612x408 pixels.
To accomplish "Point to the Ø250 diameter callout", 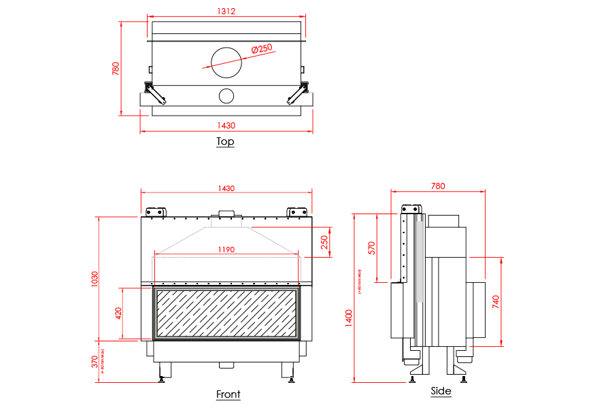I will [261, 48].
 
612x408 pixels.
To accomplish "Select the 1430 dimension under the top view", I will [226, 125].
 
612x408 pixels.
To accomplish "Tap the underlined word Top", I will [225, 141].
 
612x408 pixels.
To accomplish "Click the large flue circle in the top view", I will [226, 63].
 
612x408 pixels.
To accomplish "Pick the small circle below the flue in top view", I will [226, 96].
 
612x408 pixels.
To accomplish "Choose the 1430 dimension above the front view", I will [226, 188].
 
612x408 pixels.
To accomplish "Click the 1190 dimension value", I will [226, 250].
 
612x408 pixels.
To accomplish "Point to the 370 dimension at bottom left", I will [95, 361].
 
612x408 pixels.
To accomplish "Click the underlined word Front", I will [228, 394].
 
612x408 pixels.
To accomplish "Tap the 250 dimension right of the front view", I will [324, 241].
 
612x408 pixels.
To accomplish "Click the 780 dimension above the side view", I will [438, 186].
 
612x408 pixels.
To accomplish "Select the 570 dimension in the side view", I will [371, 247].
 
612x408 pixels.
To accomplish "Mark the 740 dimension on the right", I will [497, 301].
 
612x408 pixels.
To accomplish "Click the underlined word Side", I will [441, 392].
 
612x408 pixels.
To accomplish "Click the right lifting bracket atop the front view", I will [296, 211].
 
